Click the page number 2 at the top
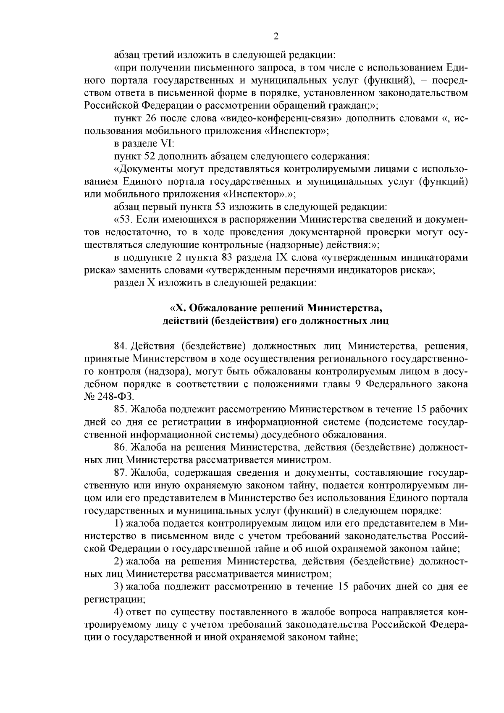click(276, 36)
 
